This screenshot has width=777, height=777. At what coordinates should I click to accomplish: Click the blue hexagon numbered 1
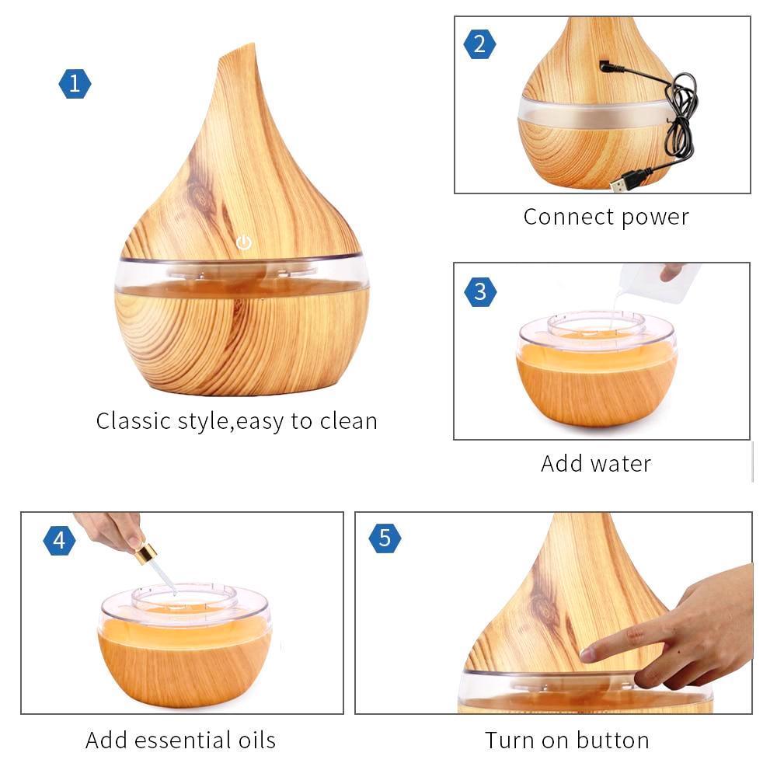[x=75, y=84]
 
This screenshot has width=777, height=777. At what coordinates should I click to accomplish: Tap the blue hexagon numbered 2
[x=479, y=44]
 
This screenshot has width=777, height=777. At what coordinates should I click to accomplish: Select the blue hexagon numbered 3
[x=480, y=292]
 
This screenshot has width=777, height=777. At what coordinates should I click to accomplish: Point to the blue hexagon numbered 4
[x=60, y=540]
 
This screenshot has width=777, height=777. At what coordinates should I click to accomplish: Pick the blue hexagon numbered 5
[x=385, y=538]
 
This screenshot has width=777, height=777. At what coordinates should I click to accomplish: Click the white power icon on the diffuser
[x=244, y=242]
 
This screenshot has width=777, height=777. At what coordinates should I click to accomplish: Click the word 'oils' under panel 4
[x=256, y=740]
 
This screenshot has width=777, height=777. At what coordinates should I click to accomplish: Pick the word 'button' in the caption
[x=612, y=740]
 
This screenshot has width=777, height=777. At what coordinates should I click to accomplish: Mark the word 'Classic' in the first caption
[x=134, y=421]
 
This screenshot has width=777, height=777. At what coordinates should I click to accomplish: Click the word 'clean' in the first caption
[x=348, y=421]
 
